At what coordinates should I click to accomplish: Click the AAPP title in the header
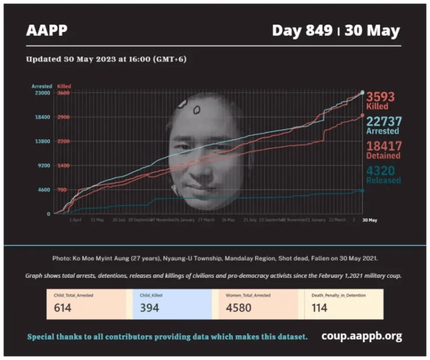click(46, 30)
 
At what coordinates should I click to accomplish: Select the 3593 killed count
click(380, 97)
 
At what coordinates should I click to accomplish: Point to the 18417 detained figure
click(384, 146)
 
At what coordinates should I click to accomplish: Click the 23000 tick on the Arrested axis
click(43, 93)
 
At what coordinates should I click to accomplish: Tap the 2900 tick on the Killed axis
click(63, 117)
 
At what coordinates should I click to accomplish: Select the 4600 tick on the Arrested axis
click(44, 190)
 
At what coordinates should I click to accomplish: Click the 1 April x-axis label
click(76, 221)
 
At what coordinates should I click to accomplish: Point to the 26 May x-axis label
click(228, 221)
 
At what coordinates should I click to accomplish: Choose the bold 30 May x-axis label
click(370, 221)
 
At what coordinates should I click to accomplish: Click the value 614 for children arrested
click(62, 307)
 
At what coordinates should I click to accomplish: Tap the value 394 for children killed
click(149, 307)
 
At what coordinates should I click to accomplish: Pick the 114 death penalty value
click(320, 307)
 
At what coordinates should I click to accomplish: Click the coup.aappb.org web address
click(362, 336)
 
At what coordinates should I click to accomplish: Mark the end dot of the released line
click(362, 191)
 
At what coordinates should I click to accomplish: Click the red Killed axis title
click(64, 86)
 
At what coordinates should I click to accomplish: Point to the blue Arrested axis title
click(41, 86)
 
